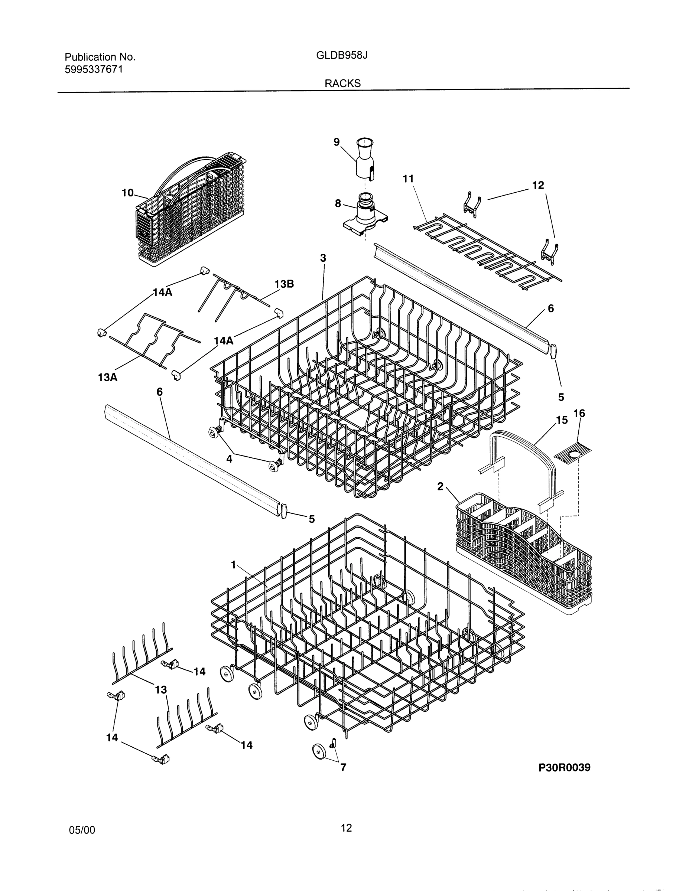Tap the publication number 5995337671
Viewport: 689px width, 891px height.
click(x=94, y=69)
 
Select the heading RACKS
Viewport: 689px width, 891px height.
click(x=342, y=83)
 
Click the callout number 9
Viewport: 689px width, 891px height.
click(x=337, y=142)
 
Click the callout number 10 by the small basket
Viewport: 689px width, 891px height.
click(x=128, y=193)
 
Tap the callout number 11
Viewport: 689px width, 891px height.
click(x=408, y=179)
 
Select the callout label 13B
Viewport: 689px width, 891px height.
click(x=284, y=284)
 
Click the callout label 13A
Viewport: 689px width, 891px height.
click(x=108, y=377)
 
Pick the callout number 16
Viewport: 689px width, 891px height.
click(x=579, y=414)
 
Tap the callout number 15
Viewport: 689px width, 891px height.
click(x=562, y=420)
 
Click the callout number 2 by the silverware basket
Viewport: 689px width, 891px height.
click(x=440, y=486)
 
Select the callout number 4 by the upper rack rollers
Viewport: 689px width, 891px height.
click(x=230, y=459)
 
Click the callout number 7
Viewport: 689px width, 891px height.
click(x=343, y=767)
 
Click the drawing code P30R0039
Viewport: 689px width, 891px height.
click(x=564, y=767)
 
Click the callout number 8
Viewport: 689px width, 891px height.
click(x=338, y=203)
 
